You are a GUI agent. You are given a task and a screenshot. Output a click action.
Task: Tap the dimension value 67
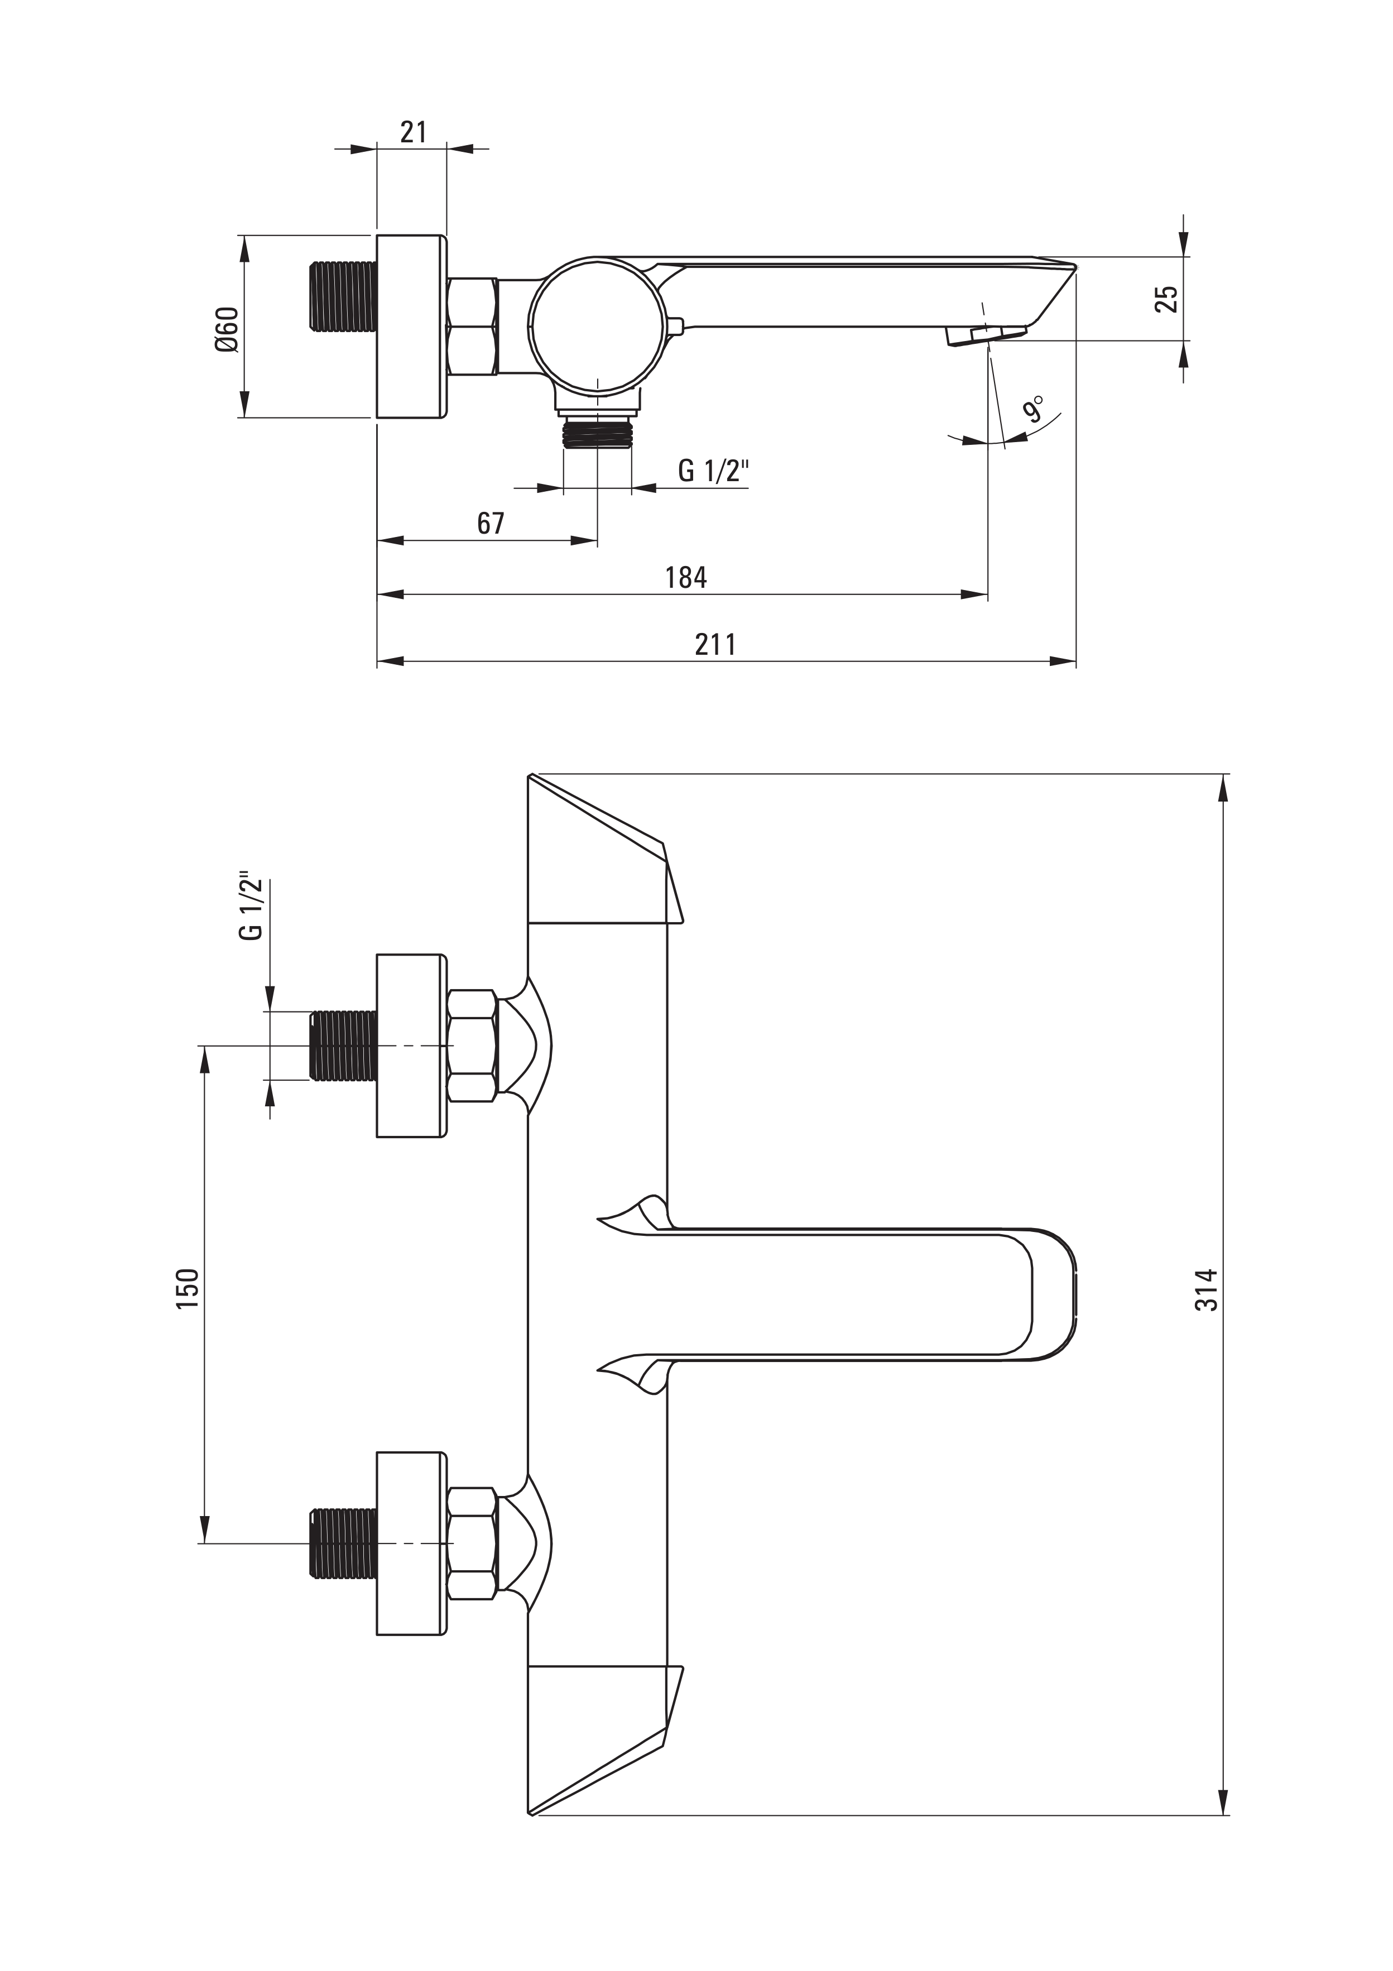(491, 523)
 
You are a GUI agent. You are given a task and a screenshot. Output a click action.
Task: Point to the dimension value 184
(686, 577)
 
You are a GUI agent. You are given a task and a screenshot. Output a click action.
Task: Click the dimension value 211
(715, 644)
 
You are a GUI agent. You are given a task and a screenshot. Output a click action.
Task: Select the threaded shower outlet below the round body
(597, 430)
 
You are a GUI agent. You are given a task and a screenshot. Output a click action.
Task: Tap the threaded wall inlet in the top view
(343, 296)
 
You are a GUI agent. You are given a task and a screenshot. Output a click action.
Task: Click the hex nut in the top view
(472, 326)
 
